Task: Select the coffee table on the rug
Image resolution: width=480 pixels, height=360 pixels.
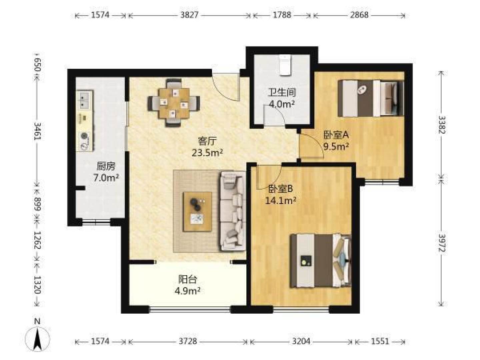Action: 197,211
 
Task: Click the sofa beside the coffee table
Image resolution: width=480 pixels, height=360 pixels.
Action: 233,211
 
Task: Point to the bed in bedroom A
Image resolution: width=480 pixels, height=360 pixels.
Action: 370,98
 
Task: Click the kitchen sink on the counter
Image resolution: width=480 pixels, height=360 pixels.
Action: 84,100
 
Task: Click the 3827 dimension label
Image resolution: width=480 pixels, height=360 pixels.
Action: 189,15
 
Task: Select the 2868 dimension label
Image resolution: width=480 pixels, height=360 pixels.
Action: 359,15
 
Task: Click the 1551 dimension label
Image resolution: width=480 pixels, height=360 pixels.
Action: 380,341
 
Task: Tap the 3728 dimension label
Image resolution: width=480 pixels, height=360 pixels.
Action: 188,341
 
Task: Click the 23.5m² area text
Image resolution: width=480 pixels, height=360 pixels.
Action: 207,153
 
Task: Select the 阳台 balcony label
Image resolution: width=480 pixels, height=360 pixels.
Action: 188,279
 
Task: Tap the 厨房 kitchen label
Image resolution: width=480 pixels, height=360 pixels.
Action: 106,167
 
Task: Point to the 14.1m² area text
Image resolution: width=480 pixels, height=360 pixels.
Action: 281,200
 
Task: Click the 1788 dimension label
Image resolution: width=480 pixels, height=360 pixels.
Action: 282,15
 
